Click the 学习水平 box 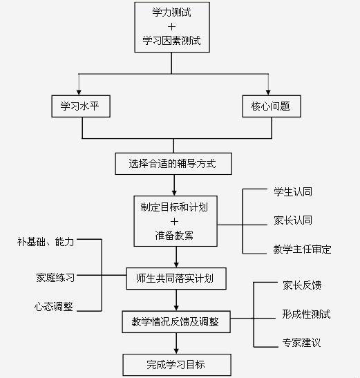pyautogui.click(x=81, y=106)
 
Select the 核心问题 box pyautogui.click(x=272, y=106)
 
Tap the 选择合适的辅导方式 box pyautogui.click(x=173, y=164)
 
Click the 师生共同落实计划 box pyautogui.click(x=176, y=278)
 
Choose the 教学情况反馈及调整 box pyautogui.click(x=176, y=322)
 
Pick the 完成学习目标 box pyautogui.click(x=177, y=365)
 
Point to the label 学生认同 pyautogui.click(x=293, y=192)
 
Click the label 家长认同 pyautogui.click(x=293, y=220)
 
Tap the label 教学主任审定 pyautogui.click(x=302, y=249)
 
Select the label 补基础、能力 pyautogui.click(x=46, y=242)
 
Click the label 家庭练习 pyautogui.click(x=55, y=278)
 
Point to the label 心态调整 pyautogui.click(x=53, y=306)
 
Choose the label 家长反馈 pyautogui.click(x=302, y=285)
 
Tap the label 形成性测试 pyautogui.click(x=306, y=314)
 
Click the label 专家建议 pyautogui.click(x=301, y=343)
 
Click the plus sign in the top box pyautogui.click(x=171, y=26)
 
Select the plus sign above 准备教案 pyautogui.click(x=174, y=222)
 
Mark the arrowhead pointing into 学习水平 pyautogui.click(x=79, y=93)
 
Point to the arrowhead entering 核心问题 pyautogui.click(x=268, y=93)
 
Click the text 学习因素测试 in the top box pyautogui.click(x=171, y=40)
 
